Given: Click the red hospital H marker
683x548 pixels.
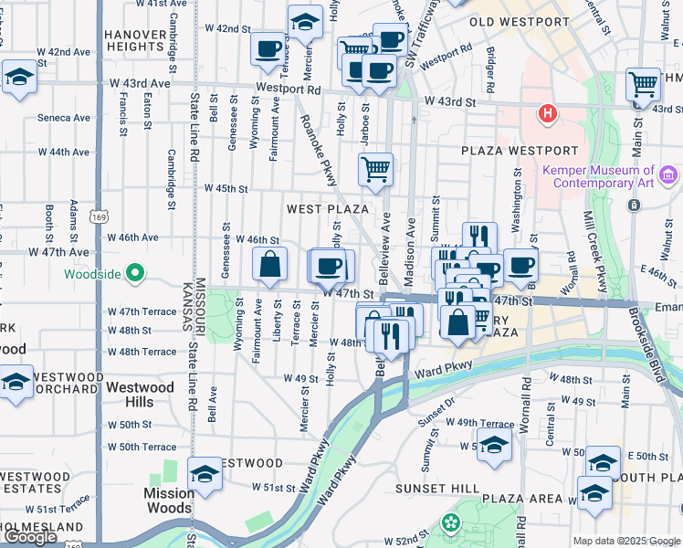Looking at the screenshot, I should click(547, 114).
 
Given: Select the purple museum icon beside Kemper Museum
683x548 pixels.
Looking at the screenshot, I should click(668, 174).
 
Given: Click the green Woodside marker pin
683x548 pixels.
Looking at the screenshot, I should click(135, 273).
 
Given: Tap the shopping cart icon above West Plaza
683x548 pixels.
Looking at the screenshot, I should click(375, 170).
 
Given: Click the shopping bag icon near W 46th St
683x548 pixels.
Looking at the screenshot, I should click(269, 266).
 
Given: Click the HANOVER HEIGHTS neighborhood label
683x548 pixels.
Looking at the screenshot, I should click(134, 40).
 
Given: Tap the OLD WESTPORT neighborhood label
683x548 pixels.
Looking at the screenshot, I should click(519, 21).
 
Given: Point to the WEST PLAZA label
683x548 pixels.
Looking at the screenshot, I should click(328, 209).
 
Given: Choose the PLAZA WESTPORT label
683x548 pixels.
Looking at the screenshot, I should click(519, 151).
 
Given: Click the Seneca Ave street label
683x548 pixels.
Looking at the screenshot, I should click(64, 118).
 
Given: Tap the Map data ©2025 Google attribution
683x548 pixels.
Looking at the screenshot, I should click(626, 541).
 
